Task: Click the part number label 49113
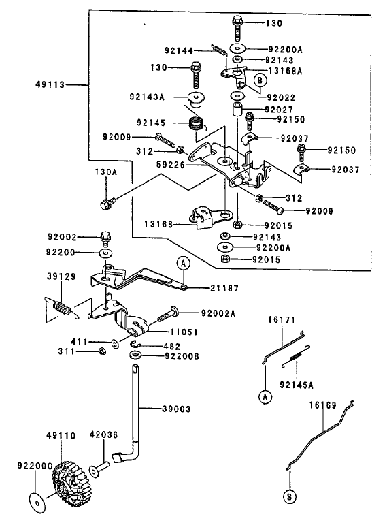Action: (50, 84)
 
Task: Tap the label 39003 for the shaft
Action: (176, 409)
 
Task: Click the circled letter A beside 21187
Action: (183, 264)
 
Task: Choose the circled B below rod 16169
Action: (290, 497)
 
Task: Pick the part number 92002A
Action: (218, 313)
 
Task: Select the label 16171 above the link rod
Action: (282, 320)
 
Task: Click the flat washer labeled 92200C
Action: (37, 502)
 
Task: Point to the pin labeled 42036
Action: (99, 467)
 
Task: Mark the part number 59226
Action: (171, 164)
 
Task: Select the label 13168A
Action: (286, 71)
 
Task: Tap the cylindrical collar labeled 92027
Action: (237, 110)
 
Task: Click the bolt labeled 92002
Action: (105, 238)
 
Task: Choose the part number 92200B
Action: (182, 356)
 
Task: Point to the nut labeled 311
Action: (103, 351)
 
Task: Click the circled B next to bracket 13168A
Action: (260, 80)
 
